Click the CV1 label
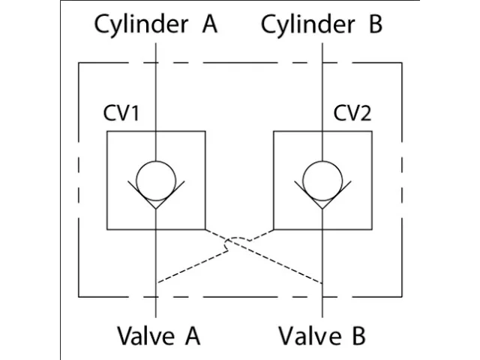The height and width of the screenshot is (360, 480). (x=121, y=114)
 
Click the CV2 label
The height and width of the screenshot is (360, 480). (x=352, y=114)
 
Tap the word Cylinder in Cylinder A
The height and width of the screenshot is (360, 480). (x=140, y=24)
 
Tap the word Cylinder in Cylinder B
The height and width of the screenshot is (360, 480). (x=307, y=24)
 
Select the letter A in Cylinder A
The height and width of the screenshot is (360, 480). (x=208, y=24)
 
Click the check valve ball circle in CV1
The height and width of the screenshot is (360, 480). (x=155, y=178)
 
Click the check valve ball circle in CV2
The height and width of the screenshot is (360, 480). (x=322, y=178)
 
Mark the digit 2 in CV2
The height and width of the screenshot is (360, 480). (x=366, y=114)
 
